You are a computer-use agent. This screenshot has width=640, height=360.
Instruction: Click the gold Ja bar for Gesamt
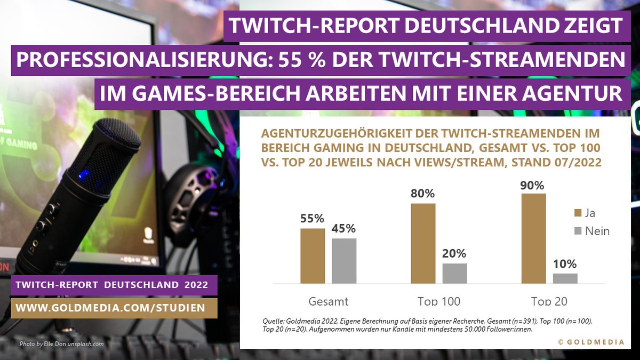[x=313, y=256]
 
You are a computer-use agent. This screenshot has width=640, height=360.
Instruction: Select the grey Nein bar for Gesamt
[x=344, y=261]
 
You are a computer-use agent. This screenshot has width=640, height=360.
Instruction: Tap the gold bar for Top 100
[x=423, y=243]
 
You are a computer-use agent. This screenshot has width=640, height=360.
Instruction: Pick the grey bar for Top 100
[x=454, y=273]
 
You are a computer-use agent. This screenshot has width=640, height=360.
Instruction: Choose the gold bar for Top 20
[x=533, y=238]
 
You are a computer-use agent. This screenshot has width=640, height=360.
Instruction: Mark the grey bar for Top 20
[x=565, y=278]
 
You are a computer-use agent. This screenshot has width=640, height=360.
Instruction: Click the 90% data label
[x=532, y=186]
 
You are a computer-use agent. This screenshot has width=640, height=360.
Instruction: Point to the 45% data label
[x=344, y=228]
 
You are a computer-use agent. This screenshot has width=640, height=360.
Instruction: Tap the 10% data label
[x=564, y=263]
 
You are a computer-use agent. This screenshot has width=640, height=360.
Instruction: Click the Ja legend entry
[x=583, y=213]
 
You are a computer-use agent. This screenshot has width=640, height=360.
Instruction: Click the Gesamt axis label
[x=328, y=301]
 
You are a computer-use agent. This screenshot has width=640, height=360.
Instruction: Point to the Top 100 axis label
[x=438, y=301]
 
